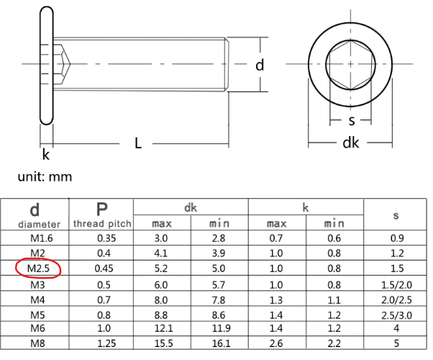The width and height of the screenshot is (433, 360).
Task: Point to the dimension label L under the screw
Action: (x=138, y=143)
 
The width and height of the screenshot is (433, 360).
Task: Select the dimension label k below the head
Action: (x=46, y=154)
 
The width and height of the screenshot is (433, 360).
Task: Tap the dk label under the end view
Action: (x=350, y=143)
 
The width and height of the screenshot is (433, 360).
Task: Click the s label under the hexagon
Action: (x=351, y=120)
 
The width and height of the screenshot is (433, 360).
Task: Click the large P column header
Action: (x=102, y=209)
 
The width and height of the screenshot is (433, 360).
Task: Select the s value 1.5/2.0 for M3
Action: (x=396, y=284)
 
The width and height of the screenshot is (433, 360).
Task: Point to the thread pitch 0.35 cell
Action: (x=102, y=238)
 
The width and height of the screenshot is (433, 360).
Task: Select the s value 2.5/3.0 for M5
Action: (x=396, y=315)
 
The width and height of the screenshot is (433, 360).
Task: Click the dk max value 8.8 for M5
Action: (x=162, y=315)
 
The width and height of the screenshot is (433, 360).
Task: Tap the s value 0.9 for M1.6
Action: (x=396, y=238)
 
